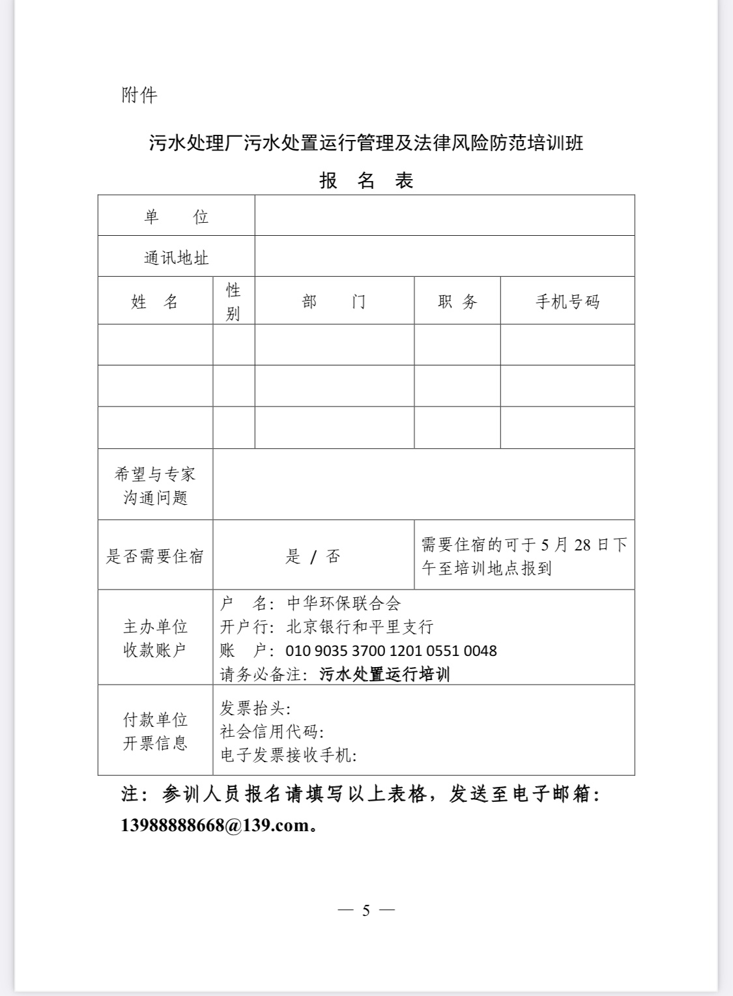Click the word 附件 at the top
click(139, 95)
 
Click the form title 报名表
click(366, 180)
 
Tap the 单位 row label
click(176, 216)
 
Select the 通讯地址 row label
click(176, 257)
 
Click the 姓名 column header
click(155, 302)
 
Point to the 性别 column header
click(233, 301)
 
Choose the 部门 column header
click(334, 302)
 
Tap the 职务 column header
click(457, 302)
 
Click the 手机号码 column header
click(567, 302)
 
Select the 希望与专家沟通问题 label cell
click(155, 485)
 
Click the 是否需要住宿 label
click(155, 556)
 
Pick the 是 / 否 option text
click(313, 556)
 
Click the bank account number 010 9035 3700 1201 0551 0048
click(391, 651)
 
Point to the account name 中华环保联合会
click(344, 603)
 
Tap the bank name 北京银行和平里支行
click(360, 627)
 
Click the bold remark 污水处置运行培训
click(384, 674)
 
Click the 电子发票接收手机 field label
click(288, 755)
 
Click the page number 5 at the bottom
click(366, 910)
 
